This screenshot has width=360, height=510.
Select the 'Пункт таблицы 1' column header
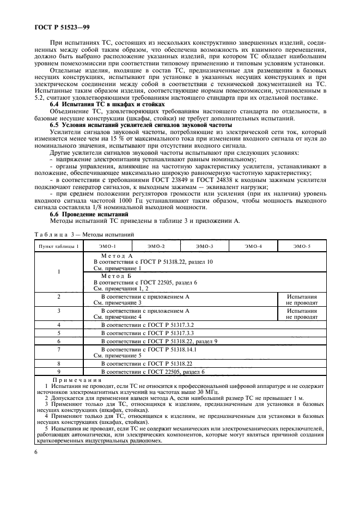pos(58,247)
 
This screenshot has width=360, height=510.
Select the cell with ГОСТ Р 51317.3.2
pos(148,325)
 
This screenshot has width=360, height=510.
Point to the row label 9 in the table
pos(58,372)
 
